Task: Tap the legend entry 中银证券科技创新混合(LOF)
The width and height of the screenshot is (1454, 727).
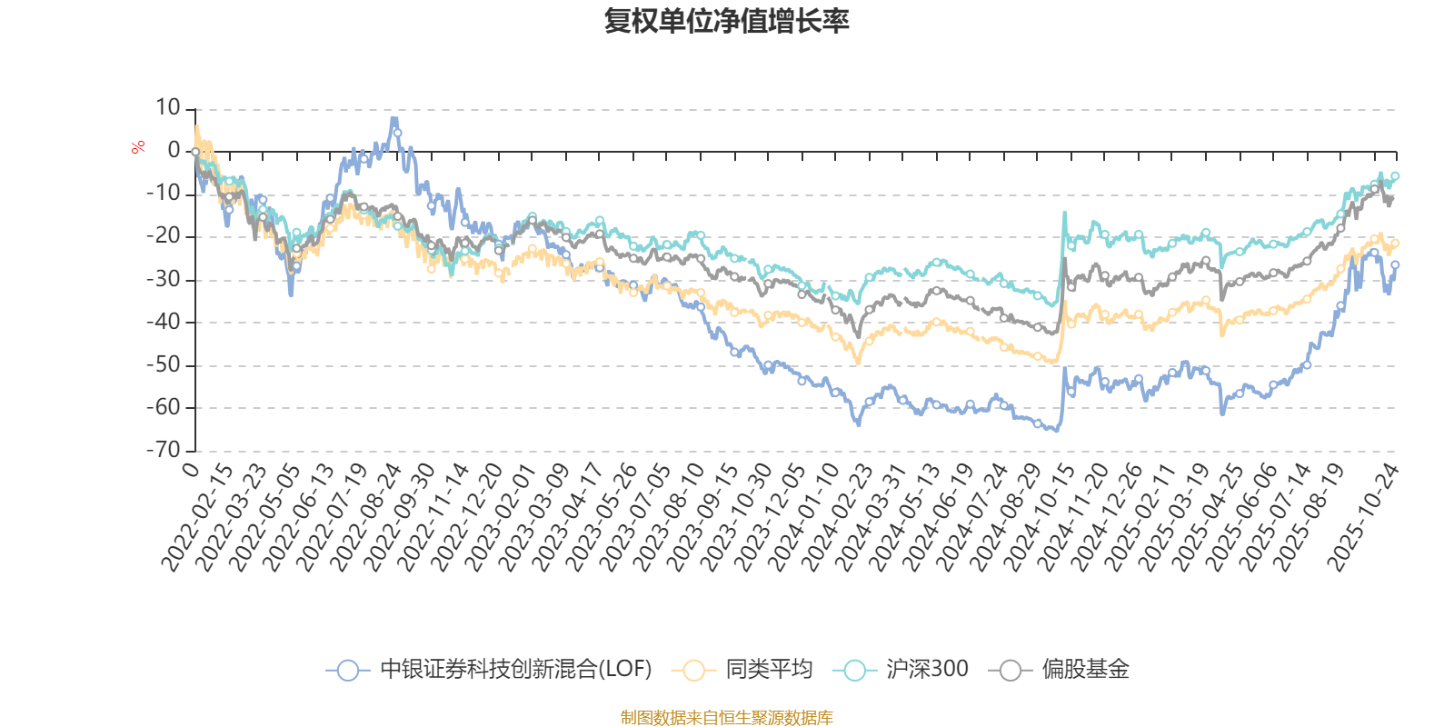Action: [x=515, y=670]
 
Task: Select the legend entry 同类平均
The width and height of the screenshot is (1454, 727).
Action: [x=768, y=670]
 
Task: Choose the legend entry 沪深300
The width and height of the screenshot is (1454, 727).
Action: [x=927, y=670]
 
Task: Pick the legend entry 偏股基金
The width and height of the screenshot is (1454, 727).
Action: [x=1085, y=670]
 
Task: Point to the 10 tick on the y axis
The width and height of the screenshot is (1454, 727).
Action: [x=168, y=108]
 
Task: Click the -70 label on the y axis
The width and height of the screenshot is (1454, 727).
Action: [x=164, y=449]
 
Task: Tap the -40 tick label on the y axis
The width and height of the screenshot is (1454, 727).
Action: [x=164, y=322]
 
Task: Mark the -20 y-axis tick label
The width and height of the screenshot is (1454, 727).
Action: [x=164, y=236]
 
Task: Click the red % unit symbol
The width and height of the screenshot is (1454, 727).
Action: [x=138, y=147]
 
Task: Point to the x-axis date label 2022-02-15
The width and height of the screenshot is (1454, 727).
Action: [x=196, y=516]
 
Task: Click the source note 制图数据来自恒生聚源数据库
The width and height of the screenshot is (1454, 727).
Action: [x=726, y=718]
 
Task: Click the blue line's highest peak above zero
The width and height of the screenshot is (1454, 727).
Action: [x=393, y=119]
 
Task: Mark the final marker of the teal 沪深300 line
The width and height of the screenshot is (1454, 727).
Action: [x=1395, y=175]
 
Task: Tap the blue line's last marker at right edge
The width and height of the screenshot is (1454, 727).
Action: [x=1395, y=264]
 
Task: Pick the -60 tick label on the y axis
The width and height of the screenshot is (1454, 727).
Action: [x=164, y=407]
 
